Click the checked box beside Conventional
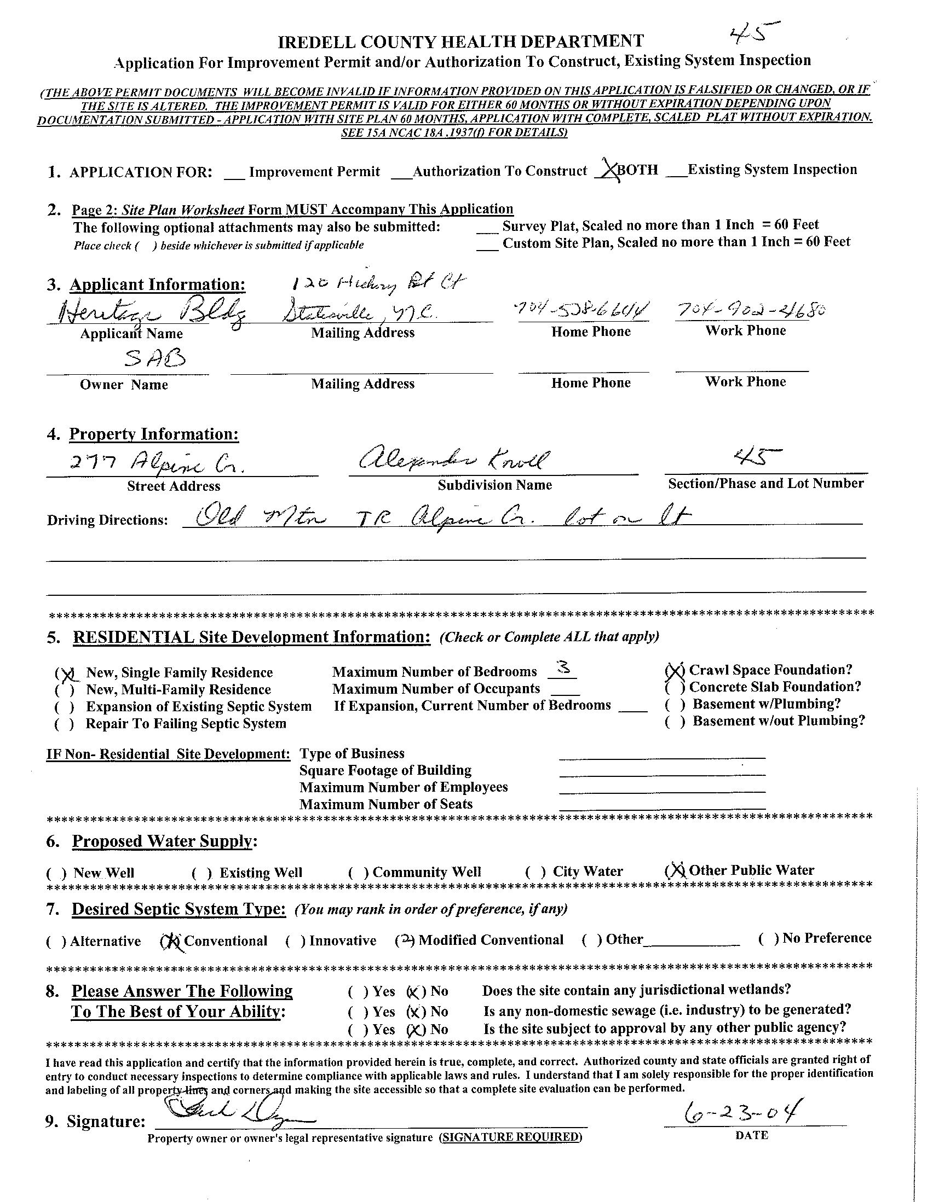pos(170,942)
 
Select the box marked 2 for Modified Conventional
pos(405,940)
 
